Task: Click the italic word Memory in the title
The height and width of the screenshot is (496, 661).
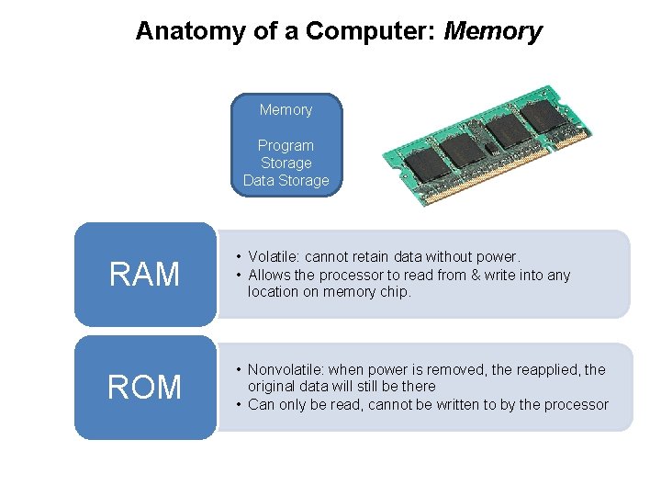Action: (x=493, y=31)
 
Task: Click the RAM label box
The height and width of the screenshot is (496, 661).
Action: (x=145, y=274)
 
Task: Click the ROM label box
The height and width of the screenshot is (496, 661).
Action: (x=145, y=387)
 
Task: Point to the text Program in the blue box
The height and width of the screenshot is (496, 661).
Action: (x=286, y=145)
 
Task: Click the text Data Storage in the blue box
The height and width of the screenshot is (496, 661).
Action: (x=286, y=180)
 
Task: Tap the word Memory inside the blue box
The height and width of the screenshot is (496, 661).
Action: (x=286, y=109)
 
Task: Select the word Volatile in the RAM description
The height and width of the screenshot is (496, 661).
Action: (x=274, y=257)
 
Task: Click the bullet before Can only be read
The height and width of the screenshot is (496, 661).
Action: (x=239, y=404)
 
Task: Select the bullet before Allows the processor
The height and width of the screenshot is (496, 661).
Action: (x=239, y=275)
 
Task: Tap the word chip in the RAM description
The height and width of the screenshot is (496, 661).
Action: (x=394, y=291)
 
